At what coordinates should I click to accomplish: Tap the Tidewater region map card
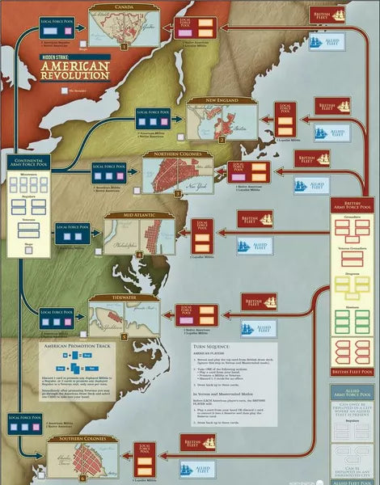click(x=119, y=318)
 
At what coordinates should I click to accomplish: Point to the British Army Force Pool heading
click(x=353, y=205)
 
